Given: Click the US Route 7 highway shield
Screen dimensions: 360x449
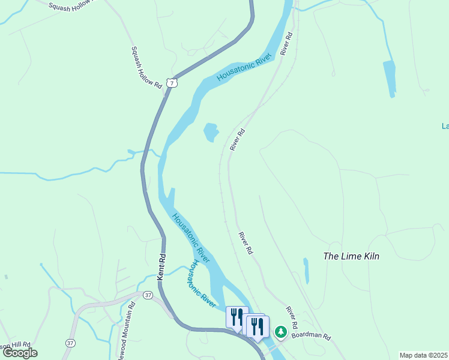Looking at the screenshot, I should pyautogui.click(x=172, y=83).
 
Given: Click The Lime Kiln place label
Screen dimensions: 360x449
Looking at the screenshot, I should pyautogui.click(x=351, y=256).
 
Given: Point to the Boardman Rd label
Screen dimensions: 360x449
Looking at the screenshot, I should pyautogui.click(x=312, y=336).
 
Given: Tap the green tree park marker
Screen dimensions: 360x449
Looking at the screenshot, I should pyautogui.click(x=280, y=331).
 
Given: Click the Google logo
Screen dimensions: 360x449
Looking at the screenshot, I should pyautogui.click(x=20, y=353).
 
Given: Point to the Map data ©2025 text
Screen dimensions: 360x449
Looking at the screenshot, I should pyautogui.click(x=423, y=355).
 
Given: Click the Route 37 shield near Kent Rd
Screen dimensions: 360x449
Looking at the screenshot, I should pyautogui.click(x=148, y=295).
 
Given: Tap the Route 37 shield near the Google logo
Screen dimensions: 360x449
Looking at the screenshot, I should pyautogui.click(x=70, y=343).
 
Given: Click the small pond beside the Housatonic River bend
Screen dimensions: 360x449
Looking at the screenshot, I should pyautogui.click(x=211, y=132).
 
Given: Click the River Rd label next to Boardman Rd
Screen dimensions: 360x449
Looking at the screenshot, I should pyautogui.click(x=292, y=317).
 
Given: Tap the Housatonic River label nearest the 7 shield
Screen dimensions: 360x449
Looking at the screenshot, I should pyautogui.click(x=244, y=67).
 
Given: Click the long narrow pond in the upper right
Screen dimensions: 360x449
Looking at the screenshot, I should pyautogui.click(x=390, y=79).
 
